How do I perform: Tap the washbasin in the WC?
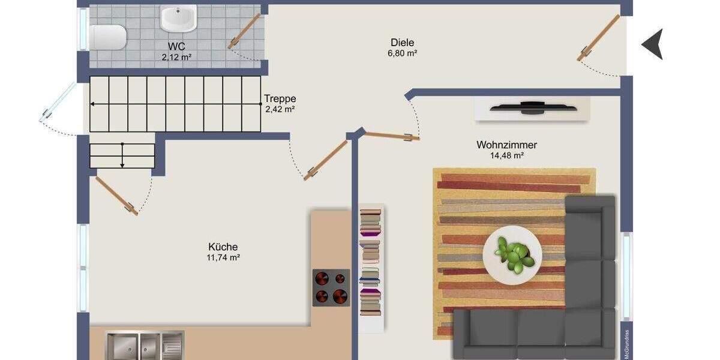pyautogui.click(x=178, y=18)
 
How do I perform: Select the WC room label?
pyautogui.click(x=176, y=46)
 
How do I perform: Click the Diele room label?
pyautogui.click(x=402, y=42)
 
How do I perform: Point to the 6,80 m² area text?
pyautogui.click(x=402, y=53)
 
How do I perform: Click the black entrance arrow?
pyautogui.click(x=653, y=44)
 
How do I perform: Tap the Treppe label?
pyautogui.click(x=280, y=99)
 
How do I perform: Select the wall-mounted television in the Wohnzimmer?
pyautogui.click(x=532, y=108)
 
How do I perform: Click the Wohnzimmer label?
pyautogui.click(x=506, y=145)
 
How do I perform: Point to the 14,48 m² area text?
pyautogui.click(x=507, y=155)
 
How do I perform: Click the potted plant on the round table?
pyautogui.click(x=514, y=255)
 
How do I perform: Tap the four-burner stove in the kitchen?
pyautogui.click(x=331, y=287)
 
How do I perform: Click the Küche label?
pyautogui.click(x=223, y=247)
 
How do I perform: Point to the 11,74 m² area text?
pyautogui.click(x=223, y=257)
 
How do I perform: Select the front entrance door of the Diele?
pyautogui.click(x=598, y=37)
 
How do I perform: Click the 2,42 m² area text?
pyautogui.click(x=280, y=109)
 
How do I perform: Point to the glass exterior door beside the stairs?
pyautogui.click(x=58, y=102)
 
